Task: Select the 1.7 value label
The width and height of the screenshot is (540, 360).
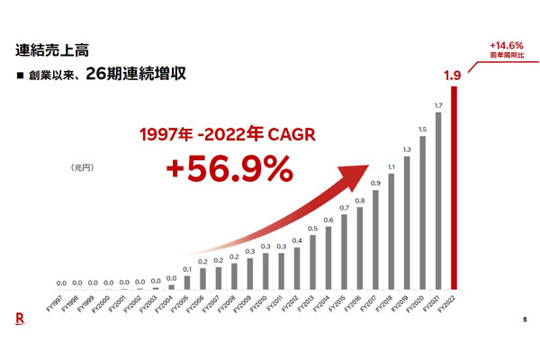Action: [438, 105]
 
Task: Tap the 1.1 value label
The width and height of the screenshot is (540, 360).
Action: [391, 166]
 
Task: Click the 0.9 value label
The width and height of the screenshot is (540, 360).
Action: [375, 184]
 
